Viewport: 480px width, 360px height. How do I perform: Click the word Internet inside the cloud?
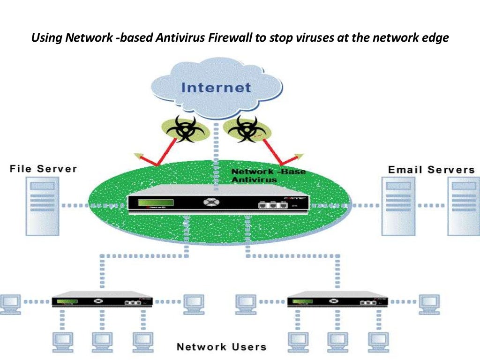(x=216, y=88)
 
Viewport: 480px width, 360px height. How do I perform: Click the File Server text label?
(x=43, y=169)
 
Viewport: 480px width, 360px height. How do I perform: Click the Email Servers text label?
(x=431, y=170)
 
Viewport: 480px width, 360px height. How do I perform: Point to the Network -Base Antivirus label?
(x=268, y=176)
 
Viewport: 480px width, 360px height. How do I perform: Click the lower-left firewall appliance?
(x=101, y=300)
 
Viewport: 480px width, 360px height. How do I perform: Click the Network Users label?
(x=221, y=347)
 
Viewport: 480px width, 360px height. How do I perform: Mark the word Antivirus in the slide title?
(x=179, y=38)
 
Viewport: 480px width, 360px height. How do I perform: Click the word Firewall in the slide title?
(x=230, y=38)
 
